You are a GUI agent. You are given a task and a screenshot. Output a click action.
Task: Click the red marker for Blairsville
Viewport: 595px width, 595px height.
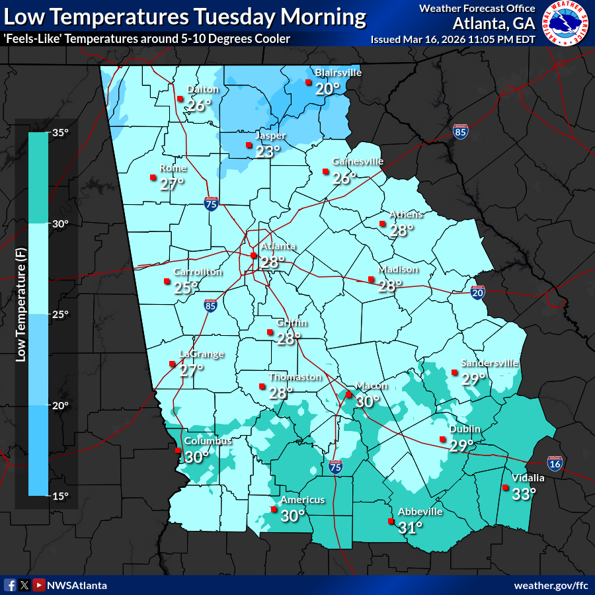(x=308, y=83)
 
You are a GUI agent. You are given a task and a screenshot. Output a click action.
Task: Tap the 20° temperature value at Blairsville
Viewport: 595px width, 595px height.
(x=327, y=89)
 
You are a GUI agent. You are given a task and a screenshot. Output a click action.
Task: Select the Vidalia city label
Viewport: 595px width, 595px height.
(x=528, y=478)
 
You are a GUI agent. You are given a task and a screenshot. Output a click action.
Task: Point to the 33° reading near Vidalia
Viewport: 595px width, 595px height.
(x=524, y=493)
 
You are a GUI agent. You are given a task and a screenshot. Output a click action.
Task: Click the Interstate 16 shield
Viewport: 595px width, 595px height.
(x=555, y=463)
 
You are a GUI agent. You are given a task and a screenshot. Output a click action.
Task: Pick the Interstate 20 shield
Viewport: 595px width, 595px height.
(x=478, y=292)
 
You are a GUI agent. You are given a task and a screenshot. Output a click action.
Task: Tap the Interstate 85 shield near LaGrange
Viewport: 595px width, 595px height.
(x=210, y=305)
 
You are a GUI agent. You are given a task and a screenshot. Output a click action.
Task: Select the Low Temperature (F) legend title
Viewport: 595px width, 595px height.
(x=20, y=314)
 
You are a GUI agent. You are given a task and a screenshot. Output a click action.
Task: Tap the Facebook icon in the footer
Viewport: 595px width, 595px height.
(x=10, y=585)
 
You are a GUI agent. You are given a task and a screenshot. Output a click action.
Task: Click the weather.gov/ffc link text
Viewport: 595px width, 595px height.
(x=551, y=586)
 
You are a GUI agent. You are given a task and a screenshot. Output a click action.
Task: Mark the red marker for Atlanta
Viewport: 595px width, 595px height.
(x=253, y=255)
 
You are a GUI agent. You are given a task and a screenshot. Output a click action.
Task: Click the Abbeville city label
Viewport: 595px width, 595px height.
(x=420, y=512)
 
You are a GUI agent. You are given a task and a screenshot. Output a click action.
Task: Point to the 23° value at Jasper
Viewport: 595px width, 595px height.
(x=268, y=151)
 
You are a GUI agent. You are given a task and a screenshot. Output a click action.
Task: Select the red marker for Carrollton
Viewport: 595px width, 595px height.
(x=167, y=282)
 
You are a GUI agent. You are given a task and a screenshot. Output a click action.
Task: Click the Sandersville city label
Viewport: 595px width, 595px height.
(x=489, y=363)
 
